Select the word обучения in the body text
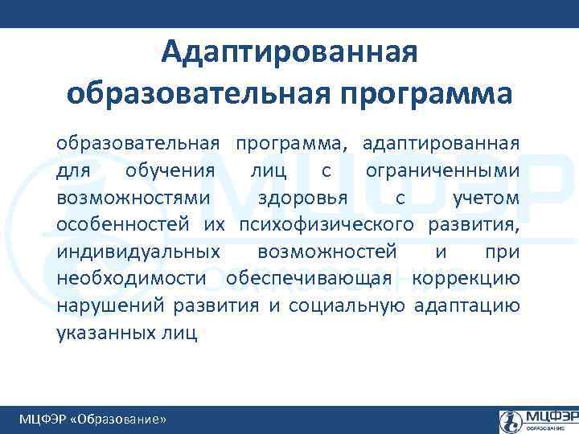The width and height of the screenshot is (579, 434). tap(170, 170)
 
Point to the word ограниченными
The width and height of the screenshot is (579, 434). tap(441, 170)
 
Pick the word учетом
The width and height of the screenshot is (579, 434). tap(486, 198)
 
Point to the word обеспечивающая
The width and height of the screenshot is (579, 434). tap(309, 279)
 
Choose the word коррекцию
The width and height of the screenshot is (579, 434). tap(466, 279)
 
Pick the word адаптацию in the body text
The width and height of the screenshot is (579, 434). tap(466, 305)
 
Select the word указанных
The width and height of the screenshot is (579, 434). tap(101, 333)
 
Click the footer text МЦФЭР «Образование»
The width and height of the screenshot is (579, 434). tap(93, 420)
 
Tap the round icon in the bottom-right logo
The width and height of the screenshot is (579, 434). tap(511, 420)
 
